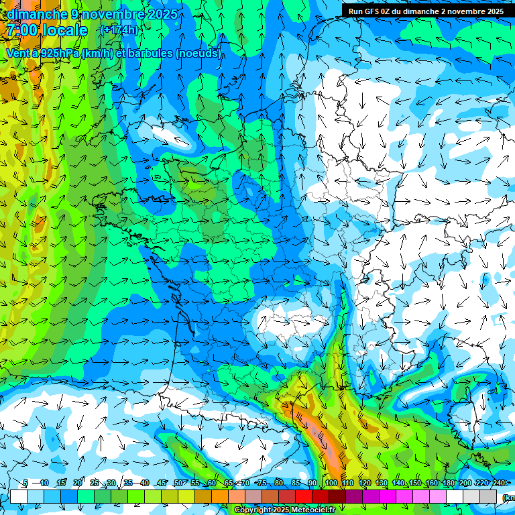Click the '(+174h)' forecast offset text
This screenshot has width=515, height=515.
(119, 30)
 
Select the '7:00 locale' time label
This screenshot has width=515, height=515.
(47, 30)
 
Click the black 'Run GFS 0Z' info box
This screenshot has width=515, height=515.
(426, 11)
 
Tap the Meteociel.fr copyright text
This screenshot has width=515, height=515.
(284, 510)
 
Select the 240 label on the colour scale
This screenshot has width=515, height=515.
(498, 483)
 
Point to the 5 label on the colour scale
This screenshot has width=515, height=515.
(25, 483)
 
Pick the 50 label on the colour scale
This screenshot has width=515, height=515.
(178, 483)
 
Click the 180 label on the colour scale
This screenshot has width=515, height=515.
(447, 483)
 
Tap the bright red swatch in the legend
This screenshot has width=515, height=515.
(304, 496)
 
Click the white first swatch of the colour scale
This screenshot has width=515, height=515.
(19, 496)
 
